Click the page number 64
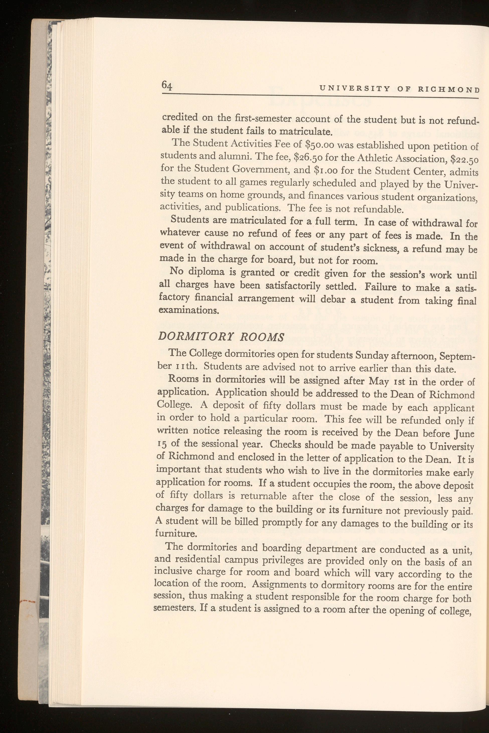click(x=167, y=85)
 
